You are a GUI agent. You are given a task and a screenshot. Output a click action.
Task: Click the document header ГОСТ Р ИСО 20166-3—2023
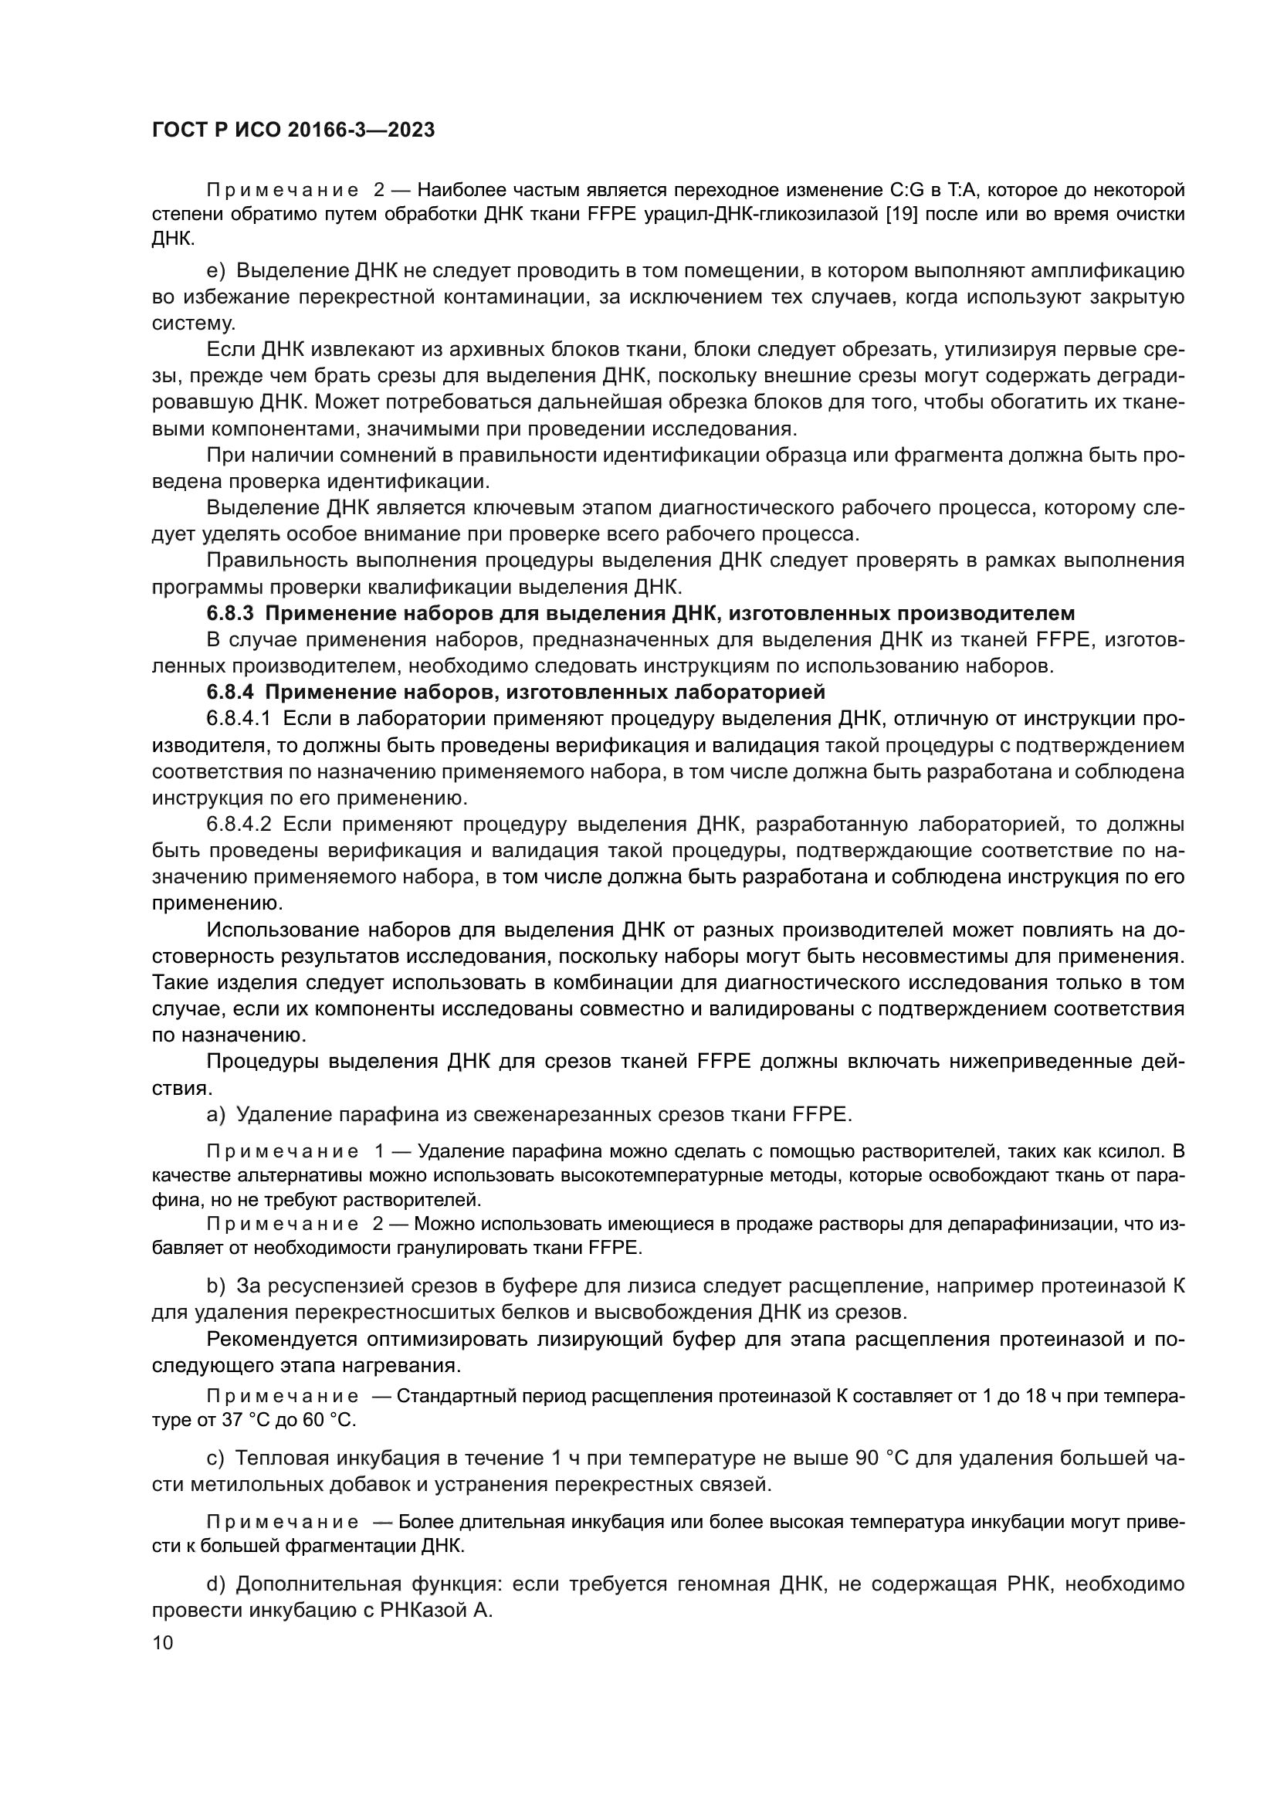pyautogui.click(x=293, y=130)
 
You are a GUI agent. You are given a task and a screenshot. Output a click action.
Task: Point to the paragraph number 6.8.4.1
pyautogui.click(x=239, y=719)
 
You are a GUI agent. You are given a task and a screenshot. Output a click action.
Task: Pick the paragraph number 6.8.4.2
pyautogui.click(x=239, y=825)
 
